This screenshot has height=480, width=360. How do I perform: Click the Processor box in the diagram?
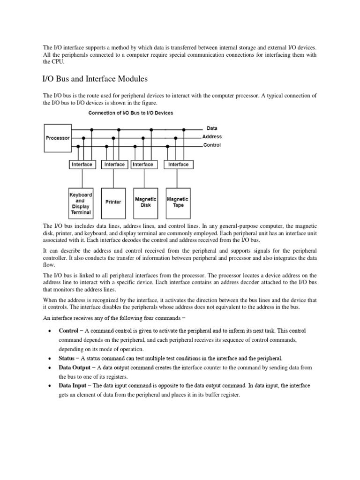coord(57,138)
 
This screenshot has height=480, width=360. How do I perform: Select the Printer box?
coord(113,202)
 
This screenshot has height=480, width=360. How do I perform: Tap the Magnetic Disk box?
coord(145,202)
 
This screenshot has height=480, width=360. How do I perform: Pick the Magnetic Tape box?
coord(178,202)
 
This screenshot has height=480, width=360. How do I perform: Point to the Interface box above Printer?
coord(114,165)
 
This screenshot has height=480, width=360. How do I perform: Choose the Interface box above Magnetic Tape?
coord(178,165)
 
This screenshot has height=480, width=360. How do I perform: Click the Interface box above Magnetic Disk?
coord(143,165)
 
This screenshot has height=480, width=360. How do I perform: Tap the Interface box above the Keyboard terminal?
coord(82,165)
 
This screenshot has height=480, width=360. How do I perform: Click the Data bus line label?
coord(212,128)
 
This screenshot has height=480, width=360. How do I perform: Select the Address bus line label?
coord(212,136)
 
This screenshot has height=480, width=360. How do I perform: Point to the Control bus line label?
coord(212,145)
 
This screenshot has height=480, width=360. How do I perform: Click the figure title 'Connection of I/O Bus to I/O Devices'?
coord(131,113)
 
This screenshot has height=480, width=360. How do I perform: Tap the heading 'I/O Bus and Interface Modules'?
coord(96,78)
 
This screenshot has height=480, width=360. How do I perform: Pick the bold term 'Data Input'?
coord(72,385)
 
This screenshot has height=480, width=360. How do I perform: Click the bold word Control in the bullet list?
coord(68,330)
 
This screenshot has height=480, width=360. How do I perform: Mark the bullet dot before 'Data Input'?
coord(50,386)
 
